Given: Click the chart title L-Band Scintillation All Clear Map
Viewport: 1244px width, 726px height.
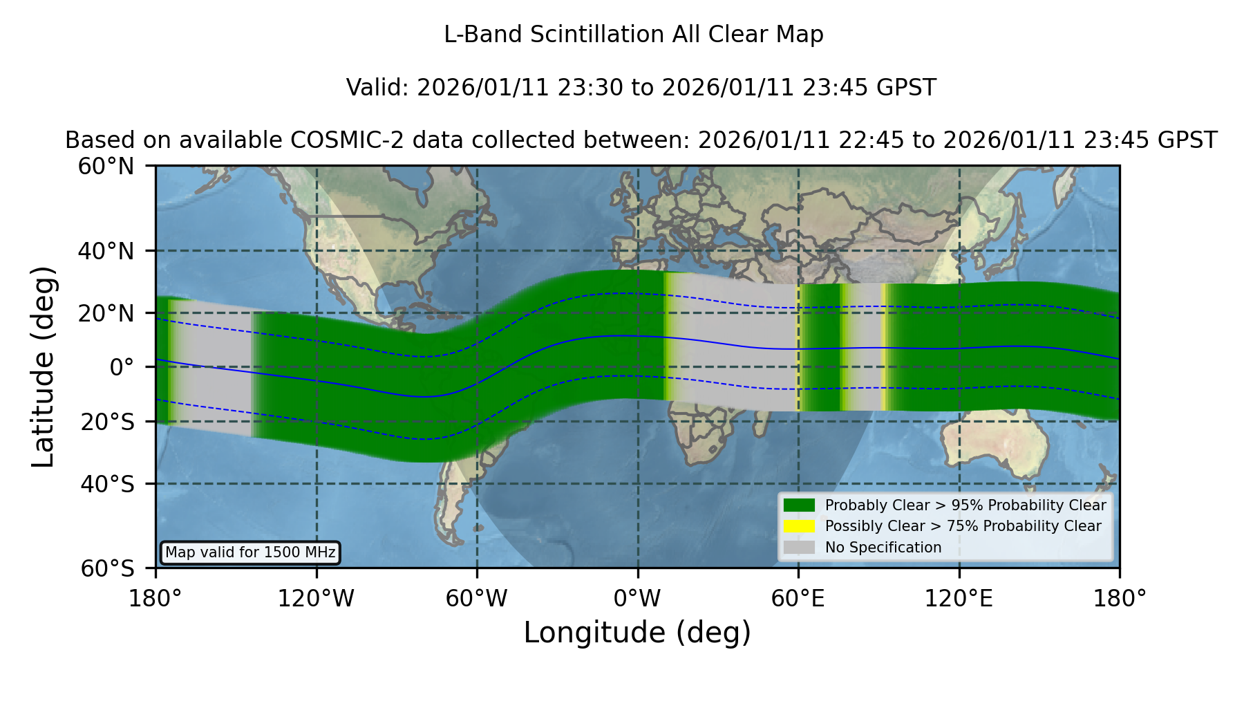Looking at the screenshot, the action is (634, 35).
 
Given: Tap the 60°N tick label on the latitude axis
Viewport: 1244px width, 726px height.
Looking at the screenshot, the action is (106, 166).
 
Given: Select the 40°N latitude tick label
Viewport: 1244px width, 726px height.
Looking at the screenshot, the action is (106, 251).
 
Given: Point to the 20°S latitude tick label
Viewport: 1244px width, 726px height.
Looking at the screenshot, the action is (108, 422).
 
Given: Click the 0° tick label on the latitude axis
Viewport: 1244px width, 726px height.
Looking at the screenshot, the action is (122, 367).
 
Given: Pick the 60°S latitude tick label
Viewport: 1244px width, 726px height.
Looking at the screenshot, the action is (108, 568).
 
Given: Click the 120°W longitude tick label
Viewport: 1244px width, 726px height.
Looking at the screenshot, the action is (316, 599).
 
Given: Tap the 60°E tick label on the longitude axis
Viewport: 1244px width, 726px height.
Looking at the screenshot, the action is (798, 599).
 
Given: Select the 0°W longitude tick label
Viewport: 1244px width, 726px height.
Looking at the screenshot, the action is (637, 599).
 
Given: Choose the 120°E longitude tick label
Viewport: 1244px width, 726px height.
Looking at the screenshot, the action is (959, 599).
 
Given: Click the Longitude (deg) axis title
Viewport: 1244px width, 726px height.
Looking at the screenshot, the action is (637, 633).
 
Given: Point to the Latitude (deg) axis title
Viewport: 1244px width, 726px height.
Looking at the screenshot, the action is (44, 366).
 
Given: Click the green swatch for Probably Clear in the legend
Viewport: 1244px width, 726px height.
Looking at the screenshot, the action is (799, 505).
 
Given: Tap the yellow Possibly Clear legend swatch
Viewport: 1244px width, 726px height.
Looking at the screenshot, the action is (799, 526).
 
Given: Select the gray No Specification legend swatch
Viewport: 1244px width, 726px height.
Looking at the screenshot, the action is (799, 548).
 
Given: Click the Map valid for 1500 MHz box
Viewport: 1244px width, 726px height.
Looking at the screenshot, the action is (250, 552).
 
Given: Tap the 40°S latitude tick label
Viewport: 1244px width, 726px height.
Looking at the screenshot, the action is (108, 484).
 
